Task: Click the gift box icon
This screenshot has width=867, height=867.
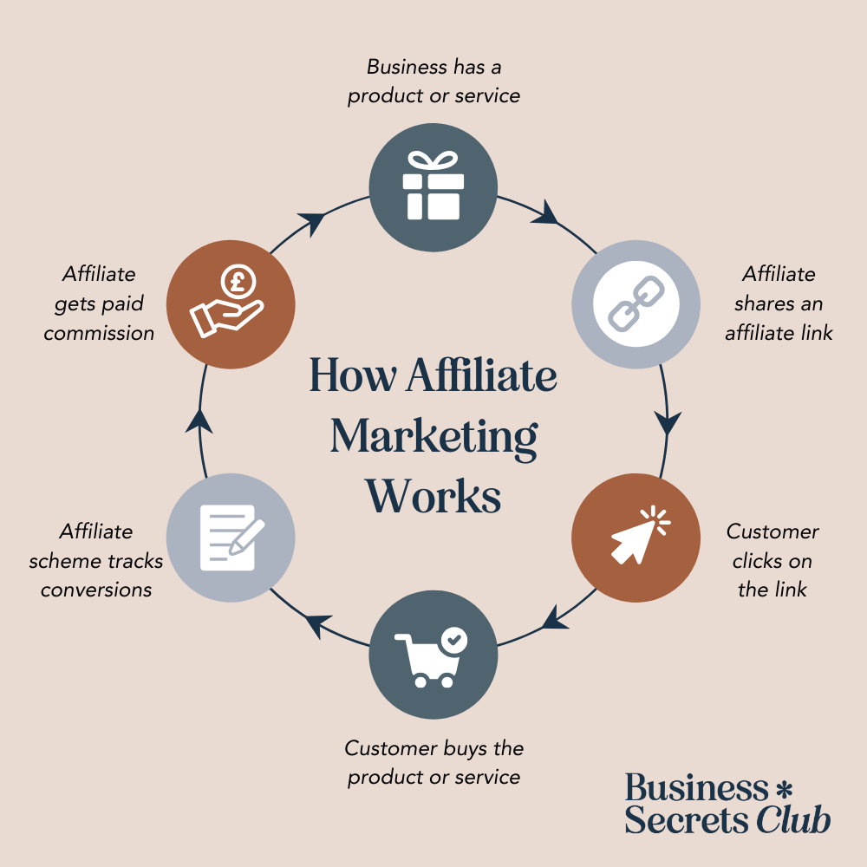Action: pyautogui.click(x=433, y=186)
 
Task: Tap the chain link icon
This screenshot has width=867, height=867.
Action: pyautogui.click(x=636, y=304)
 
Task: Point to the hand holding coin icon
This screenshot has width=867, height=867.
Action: pyautogui.click(x=227, y=303)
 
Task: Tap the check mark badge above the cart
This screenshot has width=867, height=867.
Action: pyautogui.click(x=453, y=641)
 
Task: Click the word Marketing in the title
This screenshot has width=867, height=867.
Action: pyautogui.click(x=433, y=438)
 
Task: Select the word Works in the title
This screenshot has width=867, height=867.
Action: pyautogui.click(x=433, y=497)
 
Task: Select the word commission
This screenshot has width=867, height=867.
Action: pyautogui.click(x=99, y=333)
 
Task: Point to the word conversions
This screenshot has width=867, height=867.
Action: pyautogui.click(x=96, y=590)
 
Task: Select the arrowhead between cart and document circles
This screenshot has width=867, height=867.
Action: pyautogui.click(x=319, y=623)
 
